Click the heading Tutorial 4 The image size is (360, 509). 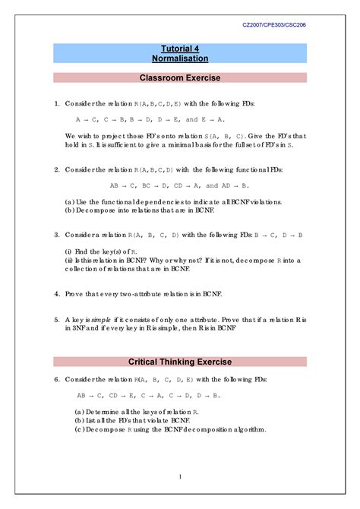point(180,48)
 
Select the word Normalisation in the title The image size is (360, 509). point(180,58)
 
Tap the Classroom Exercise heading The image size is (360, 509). point(180,77)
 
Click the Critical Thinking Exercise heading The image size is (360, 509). point(180,362)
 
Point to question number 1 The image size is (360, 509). point(56,103)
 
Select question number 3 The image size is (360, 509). point(56,236)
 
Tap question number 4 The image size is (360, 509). point(56,292)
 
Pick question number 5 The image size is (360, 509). point(56,321)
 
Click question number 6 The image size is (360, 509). point(56,378)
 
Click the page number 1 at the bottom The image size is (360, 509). point(180,476)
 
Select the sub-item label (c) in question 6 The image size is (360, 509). point(79,429)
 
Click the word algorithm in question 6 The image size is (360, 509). point(248,429)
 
